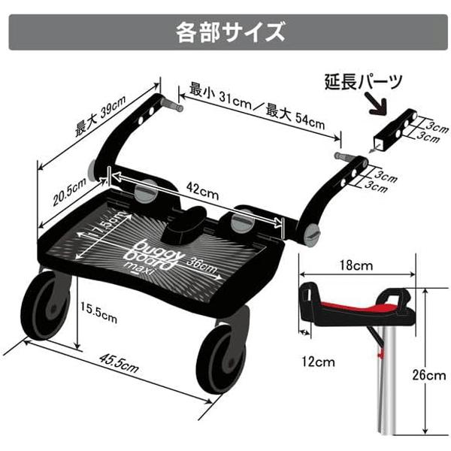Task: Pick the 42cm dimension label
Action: pos(199,193)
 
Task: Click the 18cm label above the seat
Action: pos(356,265)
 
